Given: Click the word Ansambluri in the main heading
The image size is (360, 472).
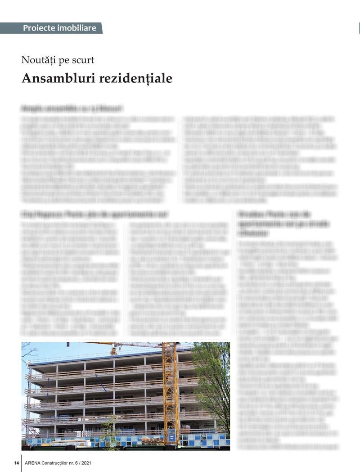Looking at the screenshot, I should coord(56,78).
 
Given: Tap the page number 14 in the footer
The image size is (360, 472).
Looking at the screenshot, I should coord(16,463).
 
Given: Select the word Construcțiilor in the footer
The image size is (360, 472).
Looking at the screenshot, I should coord(65,463).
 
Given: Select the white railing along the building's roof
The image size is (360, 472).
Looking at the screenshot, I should coord(90,356).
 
